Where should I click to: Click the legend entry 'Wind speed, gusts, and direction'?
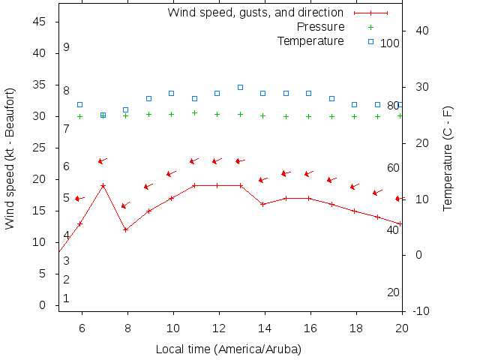point(255,13)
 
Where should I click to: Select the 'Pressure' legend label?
point(320,27)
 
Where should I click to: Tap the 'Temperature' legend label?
point(310,40)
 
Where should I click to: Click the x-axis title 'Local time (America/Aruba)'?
point(228,349)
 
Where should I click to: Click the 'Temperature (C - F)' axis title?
point(448,157)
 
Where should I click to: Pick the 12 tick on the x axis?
point(219,328)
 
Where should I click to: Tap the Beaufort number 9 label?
point(66,47)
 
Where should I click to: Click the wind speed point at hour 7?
point(103,185)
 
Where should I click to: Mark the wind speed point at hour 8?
point(126,229)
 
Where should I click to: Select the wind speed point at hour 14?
point(262,204)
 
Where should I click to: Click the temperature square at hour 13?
point(240,87)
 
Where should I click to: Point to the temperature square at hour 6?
point(79,104)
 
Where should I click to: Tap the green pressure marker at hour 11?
point(194,113)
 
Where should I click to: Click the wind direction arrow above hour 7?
point(103,160)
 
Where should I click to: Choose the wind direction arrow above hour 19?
point(377,193)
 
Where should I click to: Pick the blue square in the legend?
point(370,41)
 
